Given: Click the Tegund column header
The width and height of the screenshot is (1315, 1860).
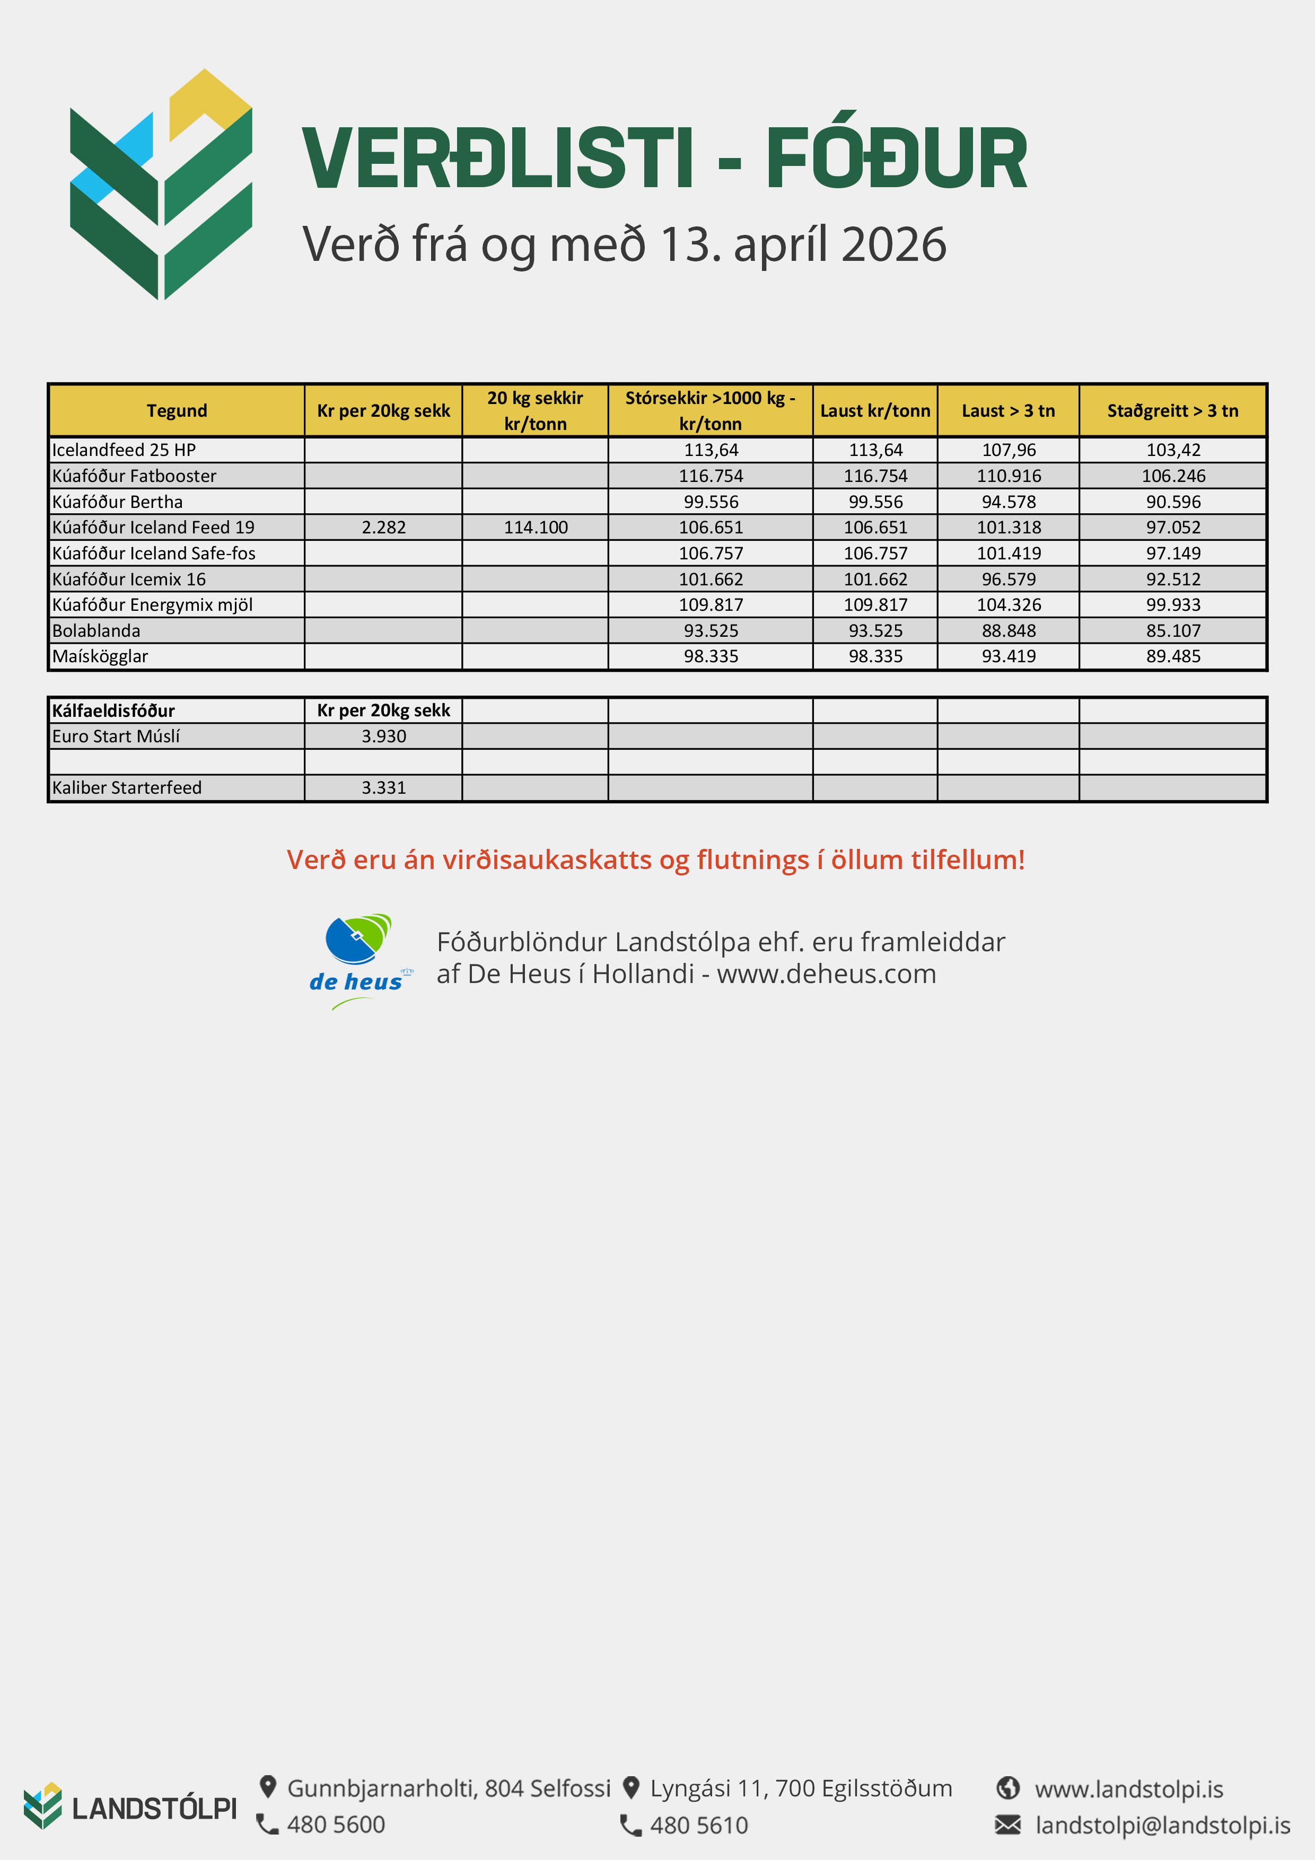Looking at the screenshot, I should (177, 411).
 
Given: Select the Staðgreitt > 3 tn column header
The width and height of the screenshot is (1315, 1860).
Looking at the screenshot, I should (1172, 411).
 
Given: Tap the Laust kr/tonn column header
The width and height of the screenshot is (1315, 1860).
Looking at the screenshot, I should (875, 411).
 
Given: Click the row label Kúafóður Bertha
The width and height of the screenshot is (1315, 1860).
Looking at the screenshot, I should (118, 502).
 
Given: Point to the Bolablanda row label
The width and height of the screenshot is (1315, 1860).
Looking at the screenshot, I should (97, 630).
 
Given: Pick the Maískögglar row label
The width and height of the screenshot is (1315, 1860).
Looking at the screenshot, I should (100, 656).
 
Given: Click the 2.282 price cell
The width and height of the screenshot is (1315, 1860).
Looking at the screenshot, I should (383, 528).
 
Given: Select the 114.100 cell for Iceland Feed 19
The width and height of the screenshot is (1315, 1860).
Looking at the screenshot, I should (536, 528).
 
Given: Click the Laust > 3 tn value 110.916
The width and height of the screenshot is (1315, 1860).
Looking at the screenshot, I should (1009, 476).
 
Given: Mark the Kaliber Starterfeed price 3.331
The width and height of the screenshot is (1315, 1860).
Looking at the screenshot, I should (383, 787).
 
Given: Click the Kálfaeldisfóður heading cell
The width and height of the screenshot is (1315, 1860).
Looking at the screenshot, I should (113, 710).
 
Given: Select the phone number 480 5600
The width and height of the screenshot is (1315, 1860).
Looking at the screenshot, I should (336, 1824).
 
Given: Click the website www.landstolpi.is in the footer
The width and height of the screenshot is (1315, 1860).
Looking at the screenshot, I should (1129, 1789).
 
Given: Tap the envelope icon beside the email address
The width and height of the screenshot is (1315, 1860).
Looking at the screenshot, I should (1008, 1824).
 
